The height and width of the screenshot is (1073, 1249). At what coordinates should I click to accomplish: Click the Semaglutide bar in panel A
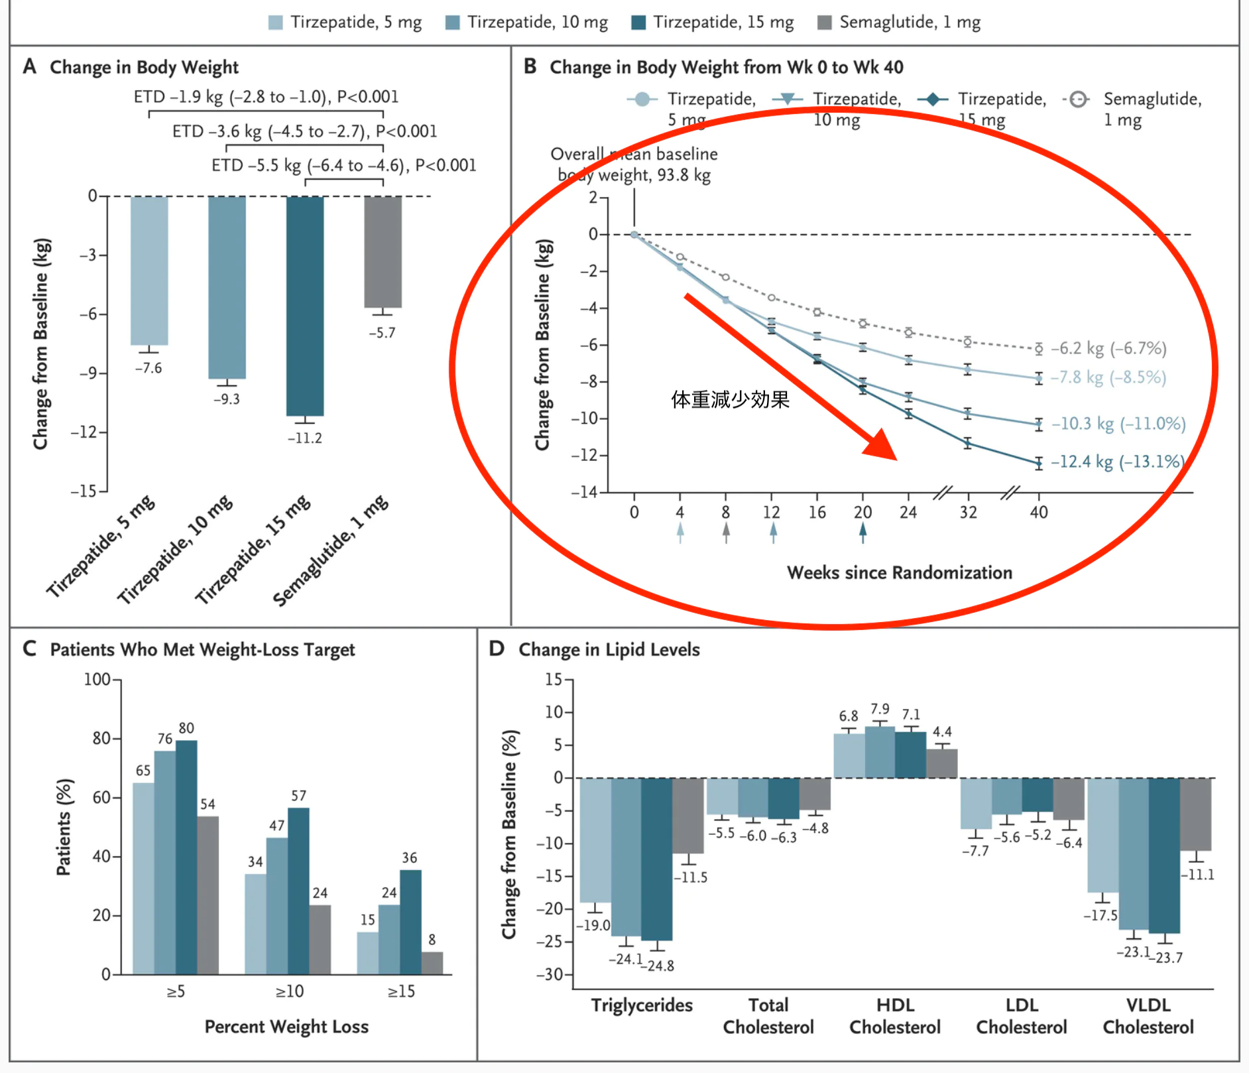click(383, 252)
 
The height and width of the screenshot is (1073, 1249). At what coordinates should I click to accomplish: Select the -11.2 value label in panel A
click(304, 438)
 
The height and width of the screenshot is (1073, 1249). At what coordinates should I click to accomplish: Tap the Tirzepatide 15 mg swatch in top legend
click(638, 23)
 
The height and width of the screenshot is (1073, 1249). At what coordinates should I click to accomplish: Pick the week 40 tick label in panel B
click(1038, 513)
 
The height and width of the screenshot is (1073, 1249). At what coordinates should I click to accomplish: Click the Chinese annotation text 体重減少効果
click(730, 399)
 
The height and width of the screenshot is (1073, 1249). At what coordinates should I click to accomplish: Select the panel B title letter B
click(530, 66)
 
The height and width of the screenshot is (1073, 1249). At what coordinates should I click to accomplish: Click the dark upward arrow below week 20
click(862, 533)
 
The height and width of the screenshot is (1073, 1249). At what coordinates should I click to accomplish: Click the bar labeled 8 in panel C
click(432, 963)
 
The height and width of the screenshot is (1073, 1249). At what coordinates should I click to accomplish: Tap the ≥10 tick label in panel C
click(289, 991)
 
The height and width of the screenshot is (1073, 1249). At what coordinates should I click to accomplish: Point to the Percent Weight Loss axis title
click(286, 1027)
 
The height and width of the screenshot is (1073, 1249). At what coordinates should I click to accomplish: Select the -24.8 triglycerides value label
click(656, 966)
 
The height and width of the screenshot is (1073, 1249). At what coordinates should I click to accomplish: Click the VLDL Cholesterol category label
click(1148, 1016)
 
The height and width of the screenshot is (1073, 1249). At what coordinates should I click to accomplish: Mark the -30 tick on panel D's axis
click(550, 974)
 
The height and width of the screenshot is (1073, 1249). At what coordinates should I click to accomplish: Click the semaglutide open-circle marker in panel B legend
click(1079, 99)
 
